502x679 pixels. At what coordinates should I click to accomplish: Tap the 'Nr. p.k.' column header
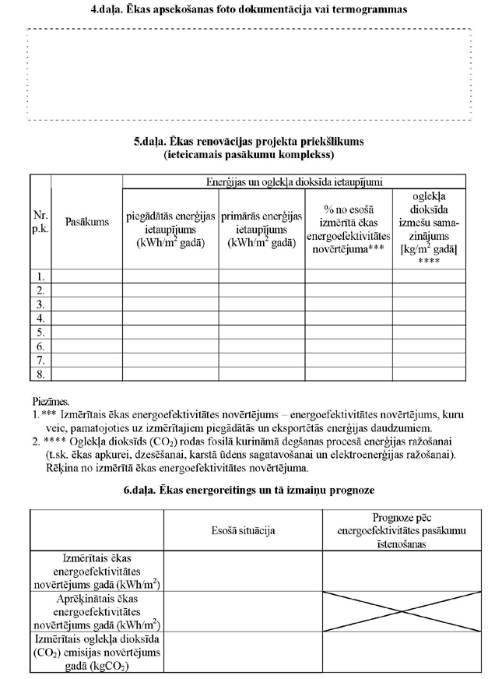(40, 222)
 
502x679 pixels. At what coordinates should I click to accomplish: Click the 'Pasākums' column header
(87, 222)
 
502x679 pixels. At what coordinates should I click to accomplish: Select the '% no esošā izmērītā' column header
(348, 229)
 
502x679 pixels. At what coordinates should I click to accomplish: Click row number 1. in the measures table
(40, 276)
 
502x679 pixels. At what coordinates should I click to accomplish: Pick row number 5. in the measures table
(40, 332)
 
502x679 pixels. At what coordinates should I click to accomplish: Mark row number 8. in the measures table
(40, 375)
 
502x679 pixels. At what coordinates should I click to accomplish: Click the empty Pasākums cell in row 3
(87, 304)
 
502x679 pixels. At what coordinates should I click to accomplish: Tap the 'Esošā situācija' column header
(242, 529)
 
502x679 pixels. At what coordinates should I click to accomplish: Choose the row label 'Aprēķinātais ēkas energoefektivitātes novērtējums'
(97, 610)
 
